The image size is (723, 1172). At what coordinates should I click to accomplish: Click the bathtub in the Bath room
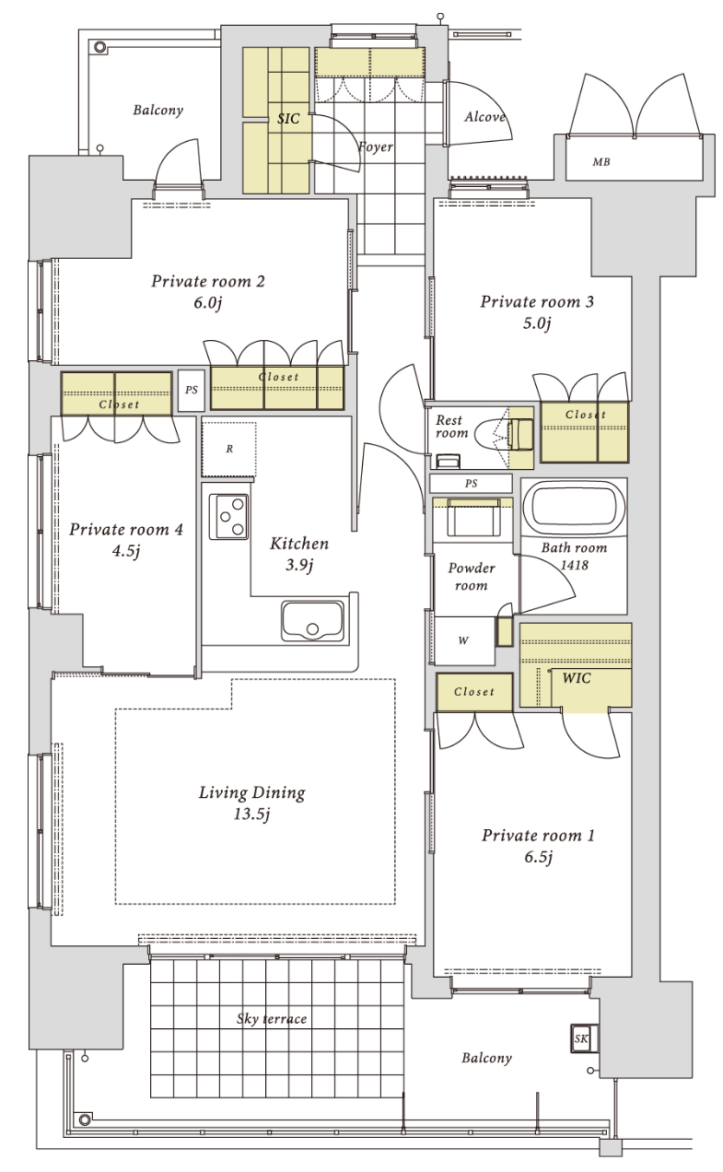click(574, 506)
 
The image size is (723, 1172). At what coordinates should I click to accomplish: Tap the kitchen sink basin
click(312, 620)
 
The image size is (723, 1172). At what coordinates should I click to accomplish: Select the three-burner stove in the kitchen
click(228, 516)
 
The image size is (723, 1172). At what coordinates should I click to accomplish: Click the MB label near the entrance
click(601, 162)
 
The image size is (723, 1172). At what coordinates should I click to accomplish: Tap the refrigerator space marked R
click(228, 449)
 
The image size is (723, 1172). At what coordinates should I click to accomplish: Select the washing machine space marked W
click(463, 640)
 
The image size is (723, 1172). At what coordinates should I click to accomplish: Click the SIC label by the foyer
click(288, 119)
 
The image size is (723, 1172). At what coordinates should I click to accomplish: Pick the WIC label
click(577, 678)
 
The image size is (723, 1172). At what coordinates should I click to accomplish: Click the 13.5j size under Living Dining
click(251, 815)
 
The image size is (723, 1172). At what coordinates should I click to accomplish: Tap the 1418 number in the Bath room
click(575, 565)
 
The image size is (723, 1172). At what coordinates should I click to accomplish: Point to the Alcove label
click(485, 117)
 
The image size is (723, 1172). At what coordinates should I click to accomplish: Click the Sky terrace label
click(272, 1019)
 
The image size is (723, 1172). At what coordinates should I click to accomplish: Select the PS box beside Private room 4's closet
click(191, 390)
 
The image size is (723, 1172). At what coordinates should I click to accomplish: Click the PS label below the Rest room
click(471, 484)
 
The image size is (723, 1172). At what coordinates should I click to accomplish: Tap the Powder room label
click(471, 577)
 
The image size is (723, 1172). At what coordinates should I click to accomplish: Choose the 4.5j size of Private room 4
click(126, 551)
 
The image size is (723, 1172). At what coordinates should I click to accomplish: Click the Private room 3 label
click(537, 302)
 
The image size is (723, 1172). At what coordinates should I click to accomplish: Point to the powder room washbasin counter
click(472, 519)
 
